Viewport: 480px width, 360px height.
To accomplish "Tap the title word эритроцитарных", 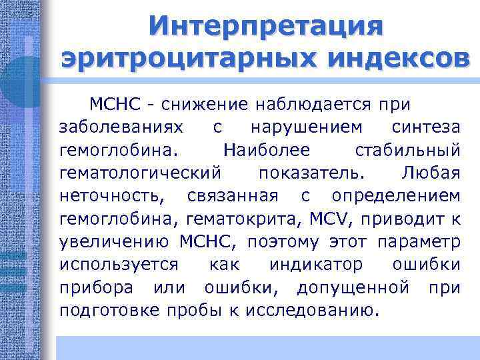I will [x=164, y=58].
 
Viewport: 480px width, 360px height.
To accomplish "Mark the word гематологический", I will [x=140, y=173].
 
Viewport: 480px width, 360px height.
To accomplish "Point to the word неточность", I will [x=109, y=197].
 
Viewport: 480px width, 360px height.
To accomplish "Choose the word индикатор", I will [x=316, y=265].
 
